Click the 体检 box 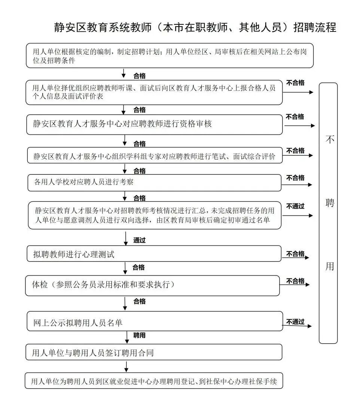click(x=153, y=285)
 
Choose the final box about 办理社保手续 click(x=153, y=382)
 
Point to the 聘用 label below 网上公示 click(x=139, y=335)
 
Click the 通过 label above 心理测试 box click(x=139, y=240)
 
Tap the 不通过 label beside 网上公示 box click(x=295, y=322)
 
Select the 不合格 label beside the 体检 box click(x=295, y=281)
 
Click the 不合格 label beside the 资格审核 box click(x=295, y=117)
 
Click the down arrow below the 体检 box click(x=125, y=302)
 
